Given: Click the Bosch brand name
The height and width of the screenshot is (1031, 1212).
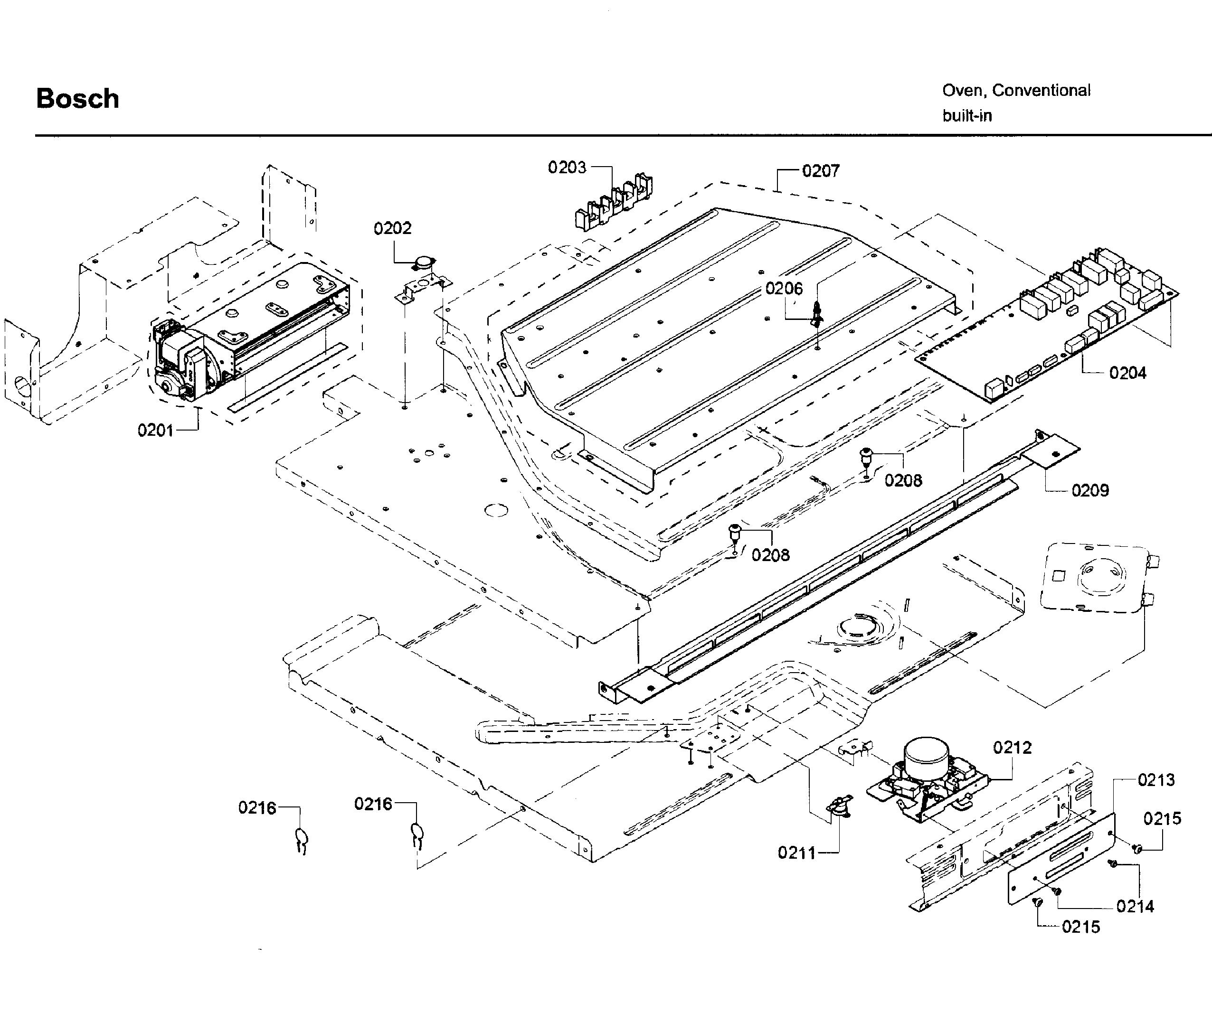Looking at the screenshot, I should (x=77, y=99).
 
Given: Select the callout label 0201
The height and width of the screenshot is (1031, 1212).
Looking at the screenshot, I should (x=155, y=431).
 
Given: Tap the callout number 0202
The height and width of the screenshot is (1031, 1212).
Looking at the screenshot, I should (x=392, y=228).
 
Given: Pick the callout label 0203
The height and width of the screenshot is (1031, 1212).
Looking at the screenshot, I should (x=566, y=168).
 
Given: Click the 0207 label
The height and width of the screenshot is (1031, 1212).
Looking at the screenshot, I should (x=820, y=171).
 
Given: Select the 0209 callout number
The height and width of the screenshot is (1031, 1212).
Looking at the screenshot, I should (x=1090, y=490).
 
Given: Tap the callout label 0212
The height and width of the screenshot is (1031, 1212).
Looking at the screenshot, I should (x=1012, y=748).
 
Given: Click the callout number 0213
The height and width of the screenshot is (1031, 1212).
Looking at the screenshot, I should (x=1155, y=780).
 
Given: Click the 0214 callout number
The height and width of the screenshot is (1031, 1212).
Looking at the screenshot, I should (x=1134, y=907).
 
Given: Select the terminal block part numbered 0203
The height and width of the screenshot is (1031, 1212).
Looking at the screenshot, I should (x=612, y=202).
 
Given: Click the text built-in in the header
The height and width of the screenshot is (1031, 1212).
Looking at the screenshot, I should (x=966, y=116).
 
